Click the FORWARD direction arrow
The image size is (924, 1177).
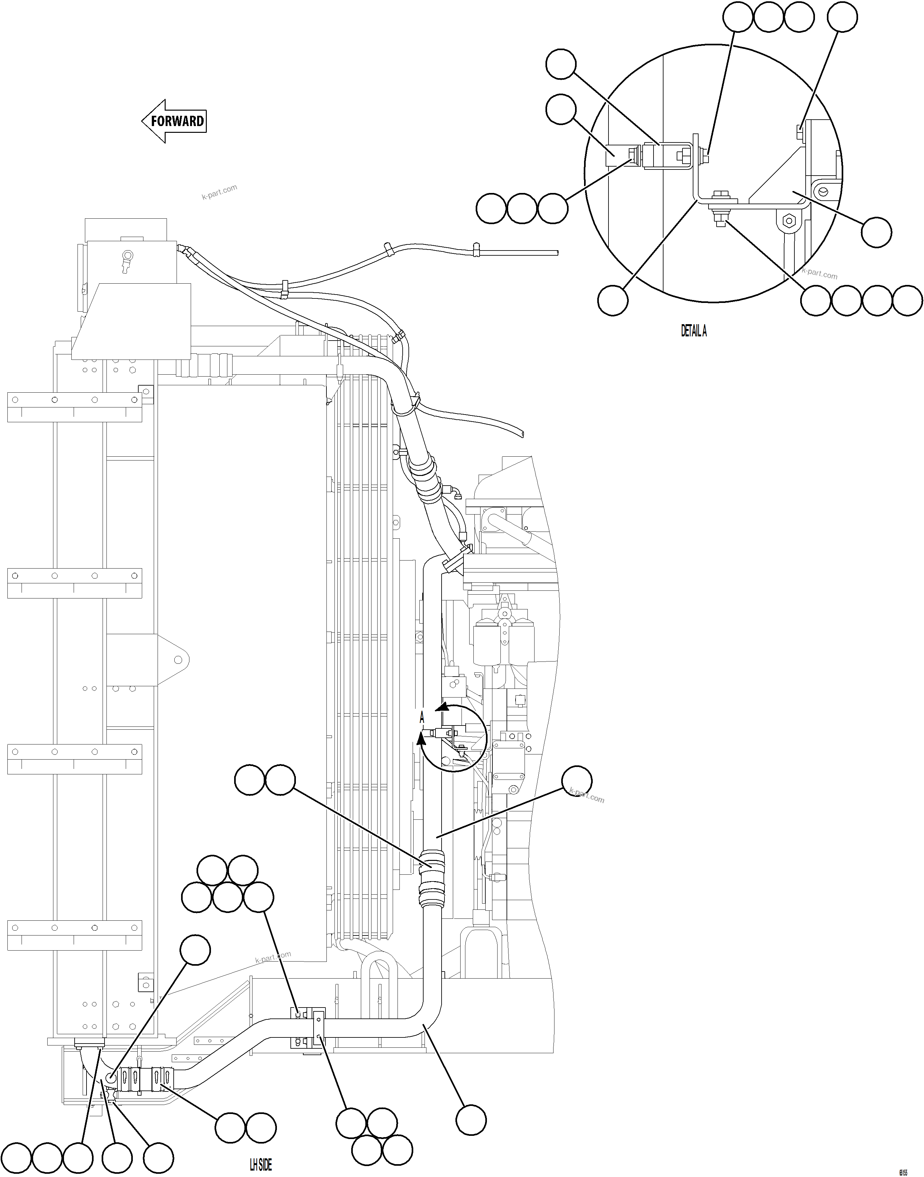tap(174, 121)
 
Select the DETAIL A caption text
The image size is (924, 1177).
tap(693, 331)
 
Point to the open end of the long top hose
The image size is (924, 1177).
tap(556, 252)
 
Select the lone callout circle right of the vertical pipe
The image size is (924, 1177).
tap(577, 780)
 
